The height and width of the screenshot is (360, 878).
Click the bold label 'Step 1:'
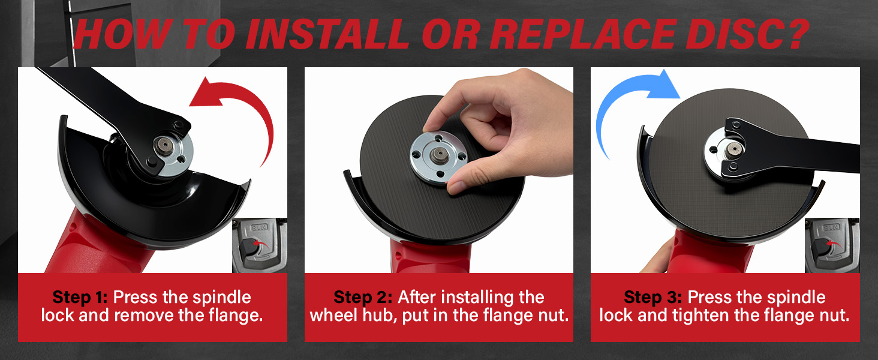coord(80,298)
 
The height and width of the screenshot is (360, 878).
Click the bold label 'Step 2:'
coord(363,298)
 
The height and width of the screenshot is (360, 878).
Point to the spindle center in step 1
coord(163,145)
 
